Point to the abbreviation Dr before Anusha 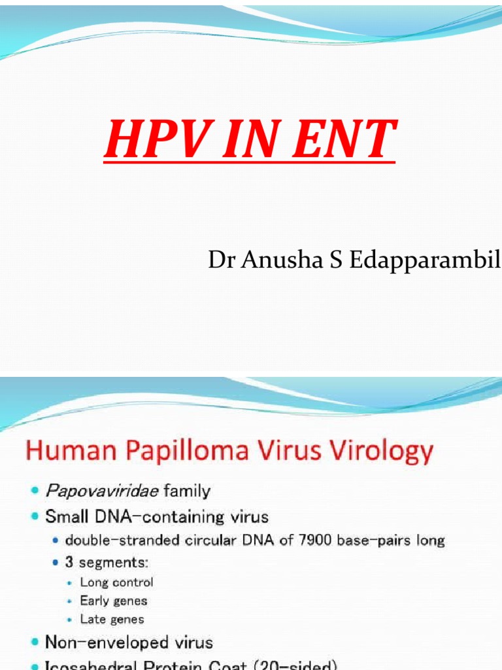click(220, 260)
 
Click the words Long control click(116, 582)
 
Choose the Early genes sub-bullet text click(113, 601)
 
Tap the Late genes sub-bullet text click(112, 619)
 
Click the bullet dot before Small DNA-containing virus click(34, 517)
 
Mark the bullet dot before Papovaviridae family click(34, 490)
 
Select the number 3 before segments click(69, 561)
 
